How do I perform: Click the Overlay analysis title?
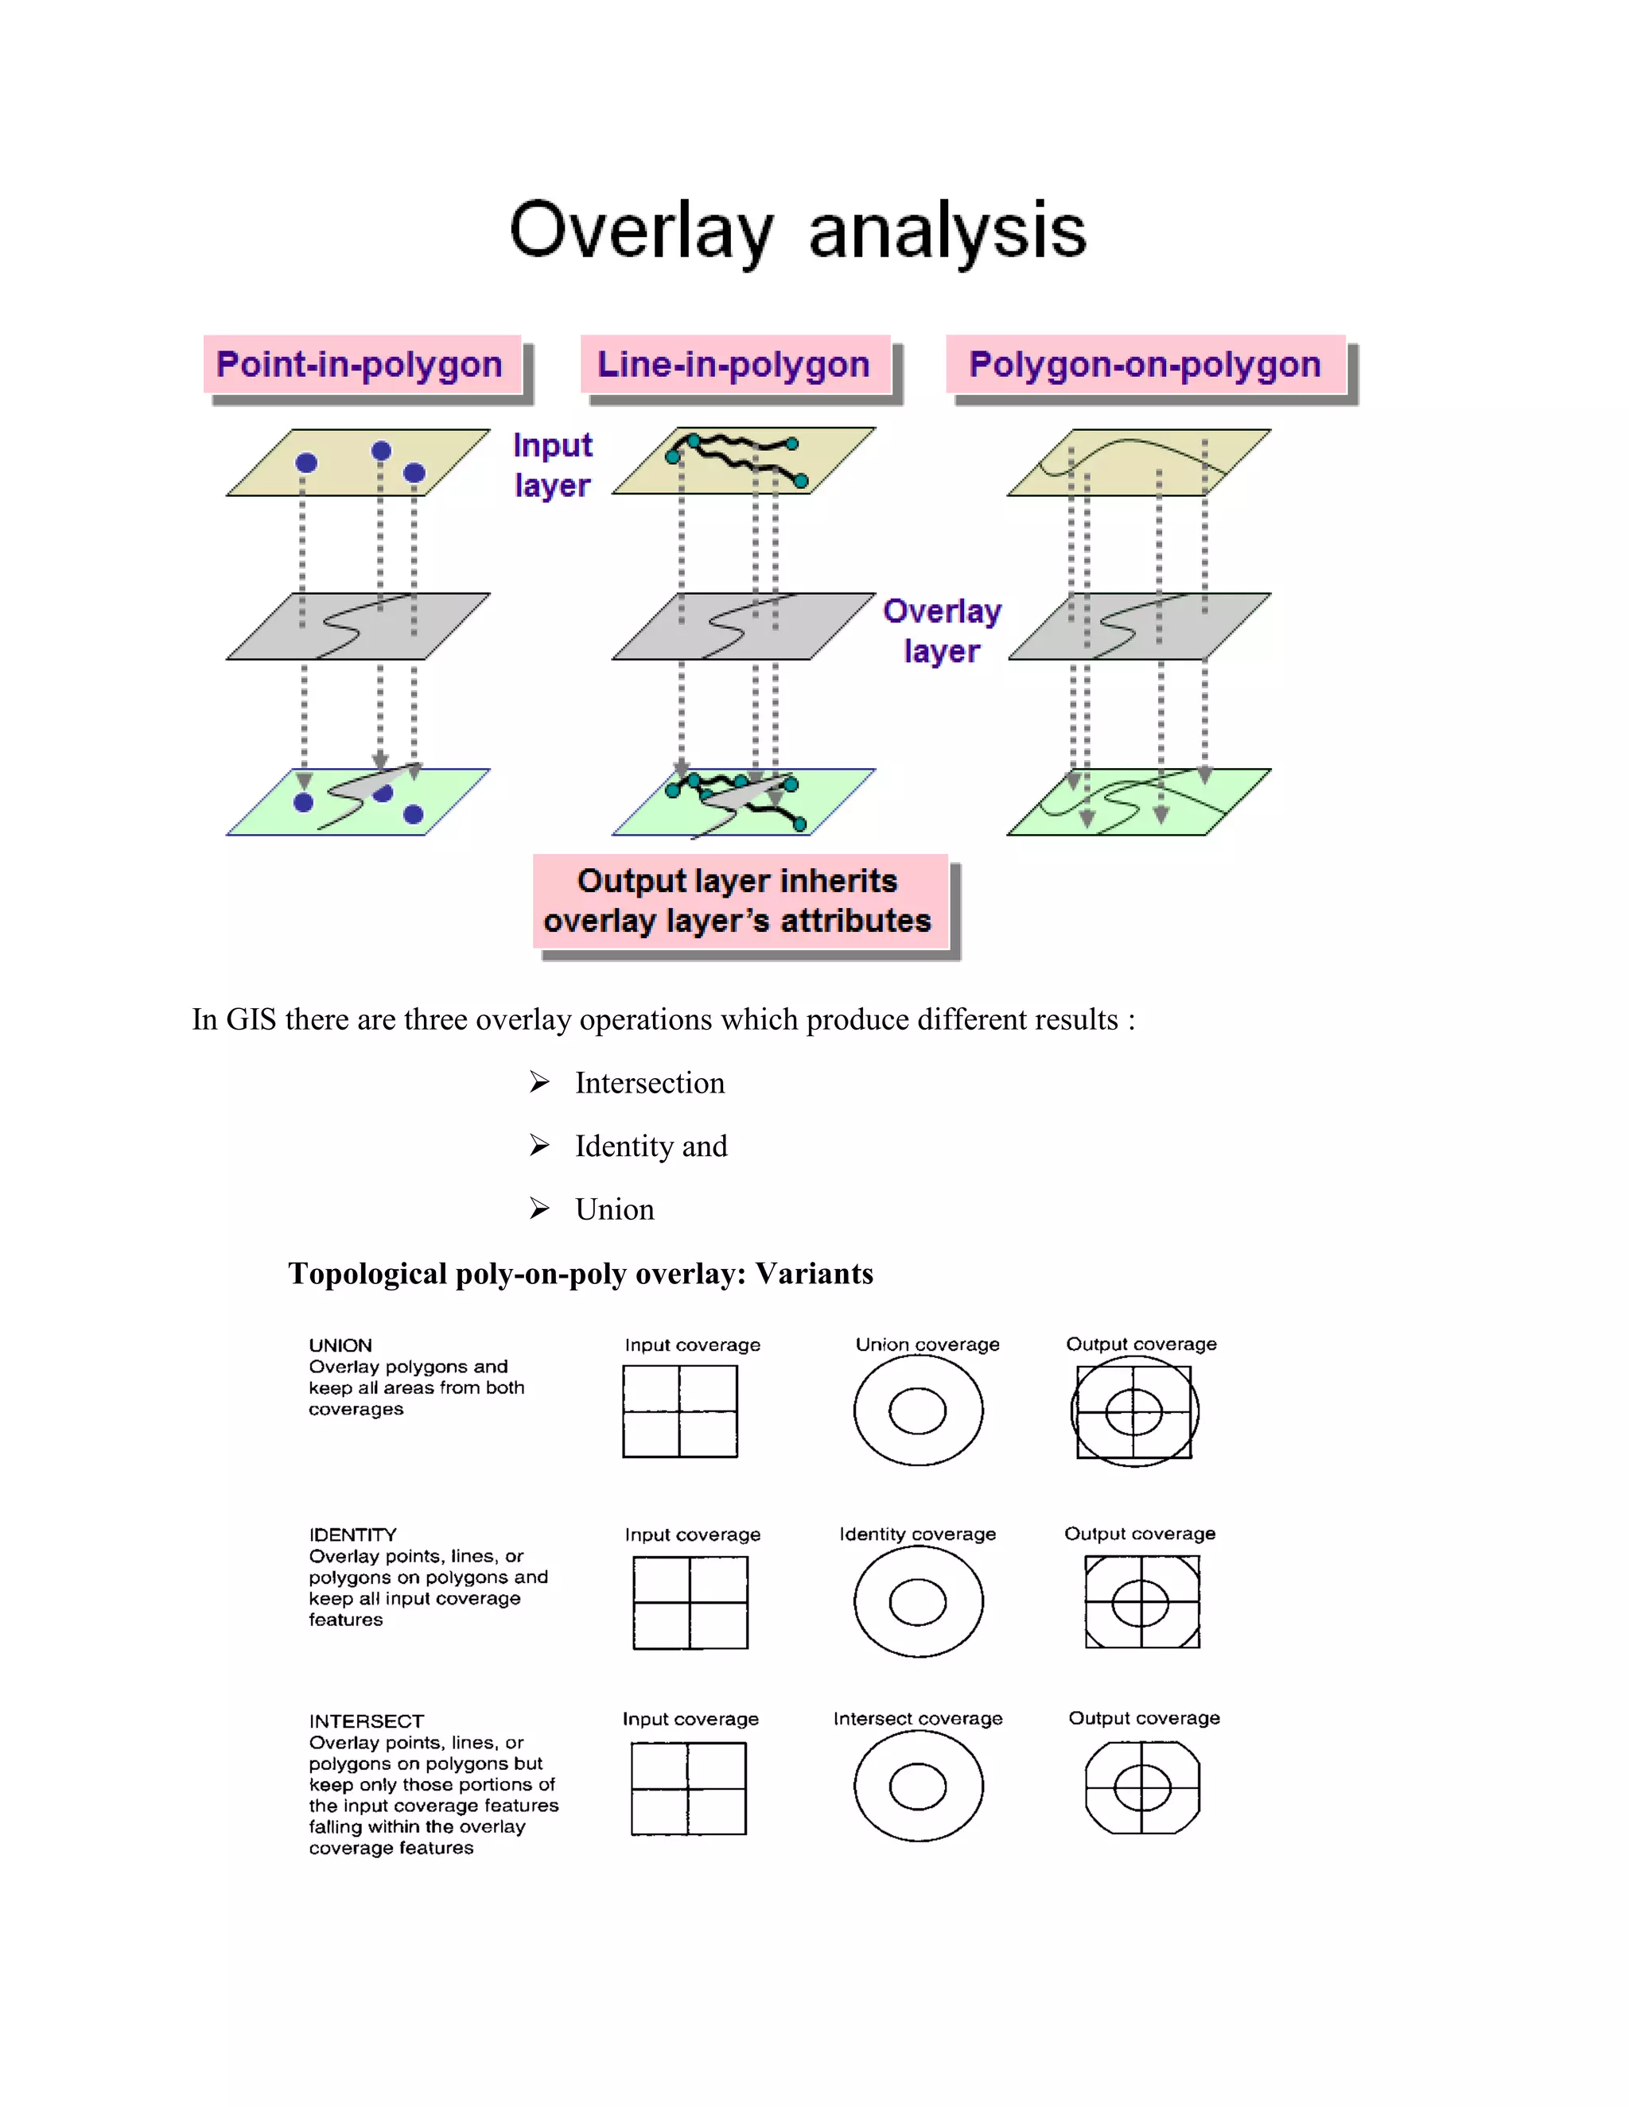click(x=797, y=231)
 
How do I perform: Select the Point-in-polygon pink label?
click(x=360, y=365)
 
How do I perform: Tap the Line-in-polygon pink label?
click(x=733, y=365)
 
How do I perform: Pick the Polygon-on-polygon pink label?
click(x=1145, y=365)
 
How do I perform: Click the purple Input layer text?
click(x=552, y=465)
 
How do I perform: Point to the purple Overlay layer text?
click(x=942, y=630)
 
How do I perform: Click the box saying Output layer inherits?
click(x=738, y=900)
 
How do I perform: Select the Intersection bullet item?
click(x=650, y=1082)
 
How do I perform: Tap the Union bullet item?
click(x=615, y=1209)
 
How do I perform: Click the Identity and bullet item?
click(x=651, y=1146)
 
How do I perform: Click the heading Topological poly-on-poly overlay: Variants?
click(x=580, y=1274)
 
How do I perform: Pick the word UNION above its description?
click(x=340, y=1345)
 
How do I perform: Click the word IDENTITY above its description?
click(x=352, y=1534)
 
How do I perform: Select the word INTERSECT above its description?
click(x=366, y=1721)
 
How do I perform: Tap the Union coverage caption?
click(x=927, y=1344)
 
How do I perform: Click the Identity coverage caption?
click(x=917, y=1534)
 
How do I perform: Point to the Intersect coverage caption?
click(x=917, y=1718)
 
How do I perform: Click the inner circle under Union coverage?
click(x=917, y=1410)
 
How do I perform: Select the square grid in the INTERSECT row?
click(x=688, y=1787)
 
